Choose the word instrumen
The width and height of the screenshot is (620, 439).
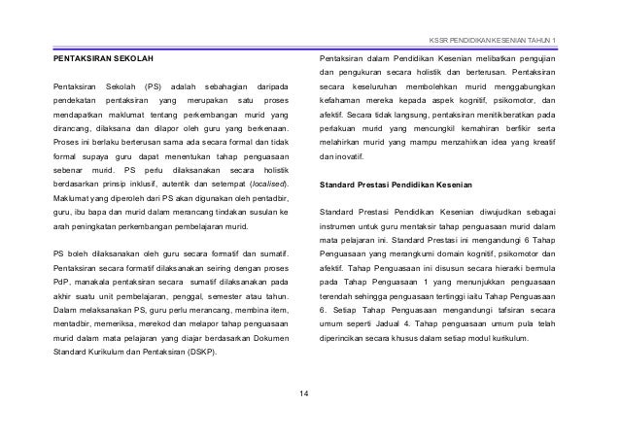point(340,225)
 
